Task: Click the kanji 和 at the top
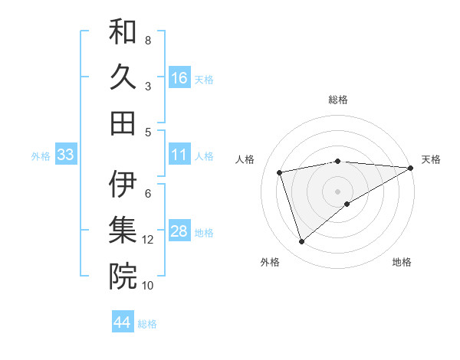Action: point(123,33)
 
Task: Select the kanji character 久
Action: point(123,77)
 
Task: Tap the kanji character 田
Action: point(123,123)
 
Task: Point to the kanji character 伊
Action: point(123,185)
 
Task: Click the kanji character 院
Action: point(123,277)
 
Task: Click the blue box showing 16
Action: point(179,77)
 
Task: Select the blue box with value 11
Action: point(179,155)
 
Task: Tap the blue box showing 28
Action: point(179,231)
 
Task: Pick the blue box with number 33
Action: point(65,155)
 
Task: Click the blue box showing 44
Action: point(122,322)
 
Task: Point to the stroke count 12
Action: point(148,240)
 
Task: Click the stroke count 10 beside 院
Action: point(148,286)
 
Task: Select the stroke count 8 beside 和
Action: point(148,40)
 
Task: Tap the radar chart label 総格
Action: point(337,100)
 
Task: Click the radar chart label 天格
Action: point(431,159)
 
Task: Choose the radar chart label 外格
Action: point(270,262)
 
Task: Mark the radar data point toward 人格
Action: point(281,172)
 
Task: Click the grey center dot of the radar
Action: point(337,190)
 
